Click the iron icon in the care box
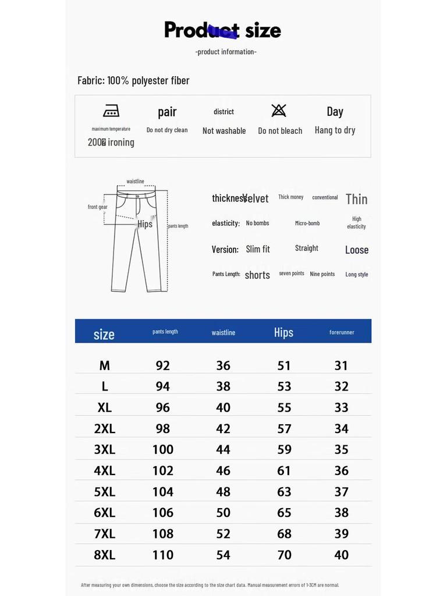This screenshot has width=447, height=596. pos(111,111)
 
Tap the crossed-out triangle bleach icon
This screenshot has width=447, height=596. pos(279,111)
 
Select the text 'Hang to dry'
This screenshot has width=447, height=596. pos(335,130)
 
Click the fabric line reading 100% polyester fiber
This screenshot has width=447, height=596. pos(133,80)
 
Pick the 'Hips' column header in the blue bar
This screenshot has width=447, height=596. pos(283,332)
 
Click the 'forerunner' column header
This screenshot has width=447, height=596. pos(342,332)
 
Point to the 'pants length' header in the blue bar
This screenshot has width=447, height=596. pos(165,332)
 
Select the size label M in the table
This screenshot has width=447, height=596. pos(104,366)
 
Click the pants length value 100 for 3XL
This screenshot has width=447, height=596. pos(163,449)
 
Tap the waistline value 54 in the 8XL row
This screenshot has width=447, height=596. pos(223,555)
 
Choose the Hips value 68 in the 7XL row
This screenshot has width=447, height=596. pos(284,534)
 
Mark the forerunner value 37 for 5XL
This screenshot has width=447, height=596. pos(342,492)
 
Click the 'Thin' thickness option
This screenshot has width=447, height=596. pos(356,199)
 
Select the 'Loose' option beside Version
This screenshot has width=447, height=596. pos(357,250)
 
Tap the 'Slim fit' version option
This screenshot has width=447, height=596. pos(258,249)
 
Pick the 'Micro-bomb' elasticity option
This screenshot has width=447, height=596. pos(307,223)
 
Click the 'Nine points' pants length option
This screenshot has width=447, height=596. pos(322,274)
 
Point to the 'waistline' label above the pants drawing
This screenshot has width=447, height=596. pos(135,182)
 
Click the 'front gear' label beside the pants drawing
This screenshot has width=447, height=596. pos(98,207)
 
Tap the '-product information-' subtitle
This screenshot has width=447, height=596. pos(226,52)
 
